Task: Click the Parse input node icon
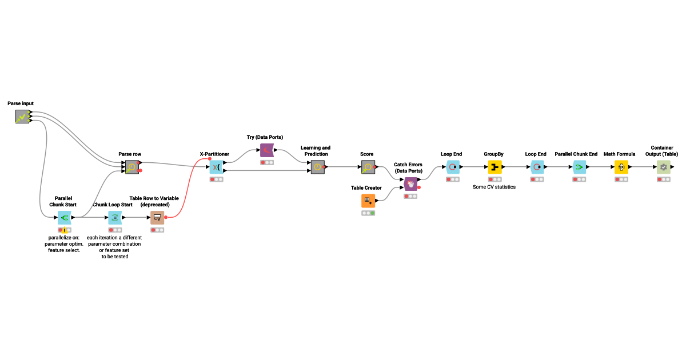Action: point(22,117)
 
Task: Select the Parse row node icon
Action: point(132,167)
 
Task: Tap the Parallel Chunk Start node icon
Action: point(64,217)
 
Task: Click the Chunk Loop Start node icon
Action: point(115,217)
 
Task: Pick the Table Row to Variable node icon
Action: point(157,217)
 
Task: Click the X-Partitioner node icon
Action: point(216,167)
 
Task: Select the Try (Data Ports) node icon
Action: point(267,150)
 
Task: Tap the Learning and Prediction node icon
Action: point(318,167)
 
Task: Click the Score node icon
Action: point(368,167)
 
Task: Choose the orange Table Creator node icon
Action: point(368,201)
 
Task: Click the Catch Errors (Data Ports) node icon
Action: point(411,184)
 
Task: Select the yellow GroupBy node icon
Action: point(494,167)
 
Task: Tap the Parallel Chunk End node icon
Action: point(579,167)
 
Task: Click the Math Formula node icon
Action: point(621,167)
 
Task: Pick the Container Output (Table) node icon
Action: point(663,167)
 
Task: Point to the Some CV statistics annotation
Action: point(494,187)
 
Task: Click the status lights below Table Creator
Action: point(368,213)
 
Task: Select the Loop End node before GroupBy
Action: point(452,167)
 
